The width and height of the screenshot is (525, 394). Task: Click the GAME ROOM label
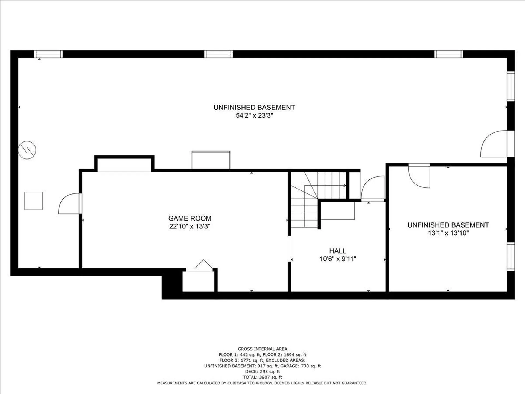(190, 218)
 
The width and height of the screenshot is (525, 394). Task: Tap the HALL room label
(338, 251)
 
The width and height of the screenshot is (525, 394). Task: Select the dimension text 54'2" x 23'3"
(254, 115)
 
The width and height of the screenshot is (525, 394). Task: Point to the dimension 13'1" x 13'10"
(448, 233)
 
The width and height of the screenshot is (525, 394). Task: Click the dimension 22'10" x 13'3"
(190, 226)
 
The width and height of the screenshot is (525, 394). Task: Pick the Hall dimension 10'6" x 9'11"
(338, 259)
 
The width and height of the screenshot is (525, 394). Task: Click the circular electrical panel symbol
(27, 150)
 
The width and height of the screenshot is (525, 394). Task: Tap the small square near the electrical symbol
(34, 201)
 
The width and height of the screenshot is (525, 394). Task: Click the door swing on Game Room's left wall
(70, 204)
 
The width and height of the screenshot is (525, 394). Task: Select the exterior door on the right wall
(494, 144)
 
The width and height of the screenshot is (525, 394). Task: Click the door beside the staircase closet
(373, 189)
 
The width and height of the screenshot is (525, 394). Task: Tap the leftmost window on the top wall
(48, 54)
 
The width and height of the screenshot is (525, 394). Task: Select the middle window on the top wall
(218, 54)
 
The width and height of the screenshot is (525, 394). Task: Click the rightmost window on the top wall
(449, 54)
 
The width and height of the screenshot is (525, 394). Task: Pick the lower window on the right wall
(511, 257)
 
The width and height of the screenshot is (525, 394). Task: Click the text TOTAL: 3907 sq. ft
(262, 377)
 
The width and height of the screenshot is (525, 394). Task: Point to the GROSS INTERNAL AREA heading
(262, 349)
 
